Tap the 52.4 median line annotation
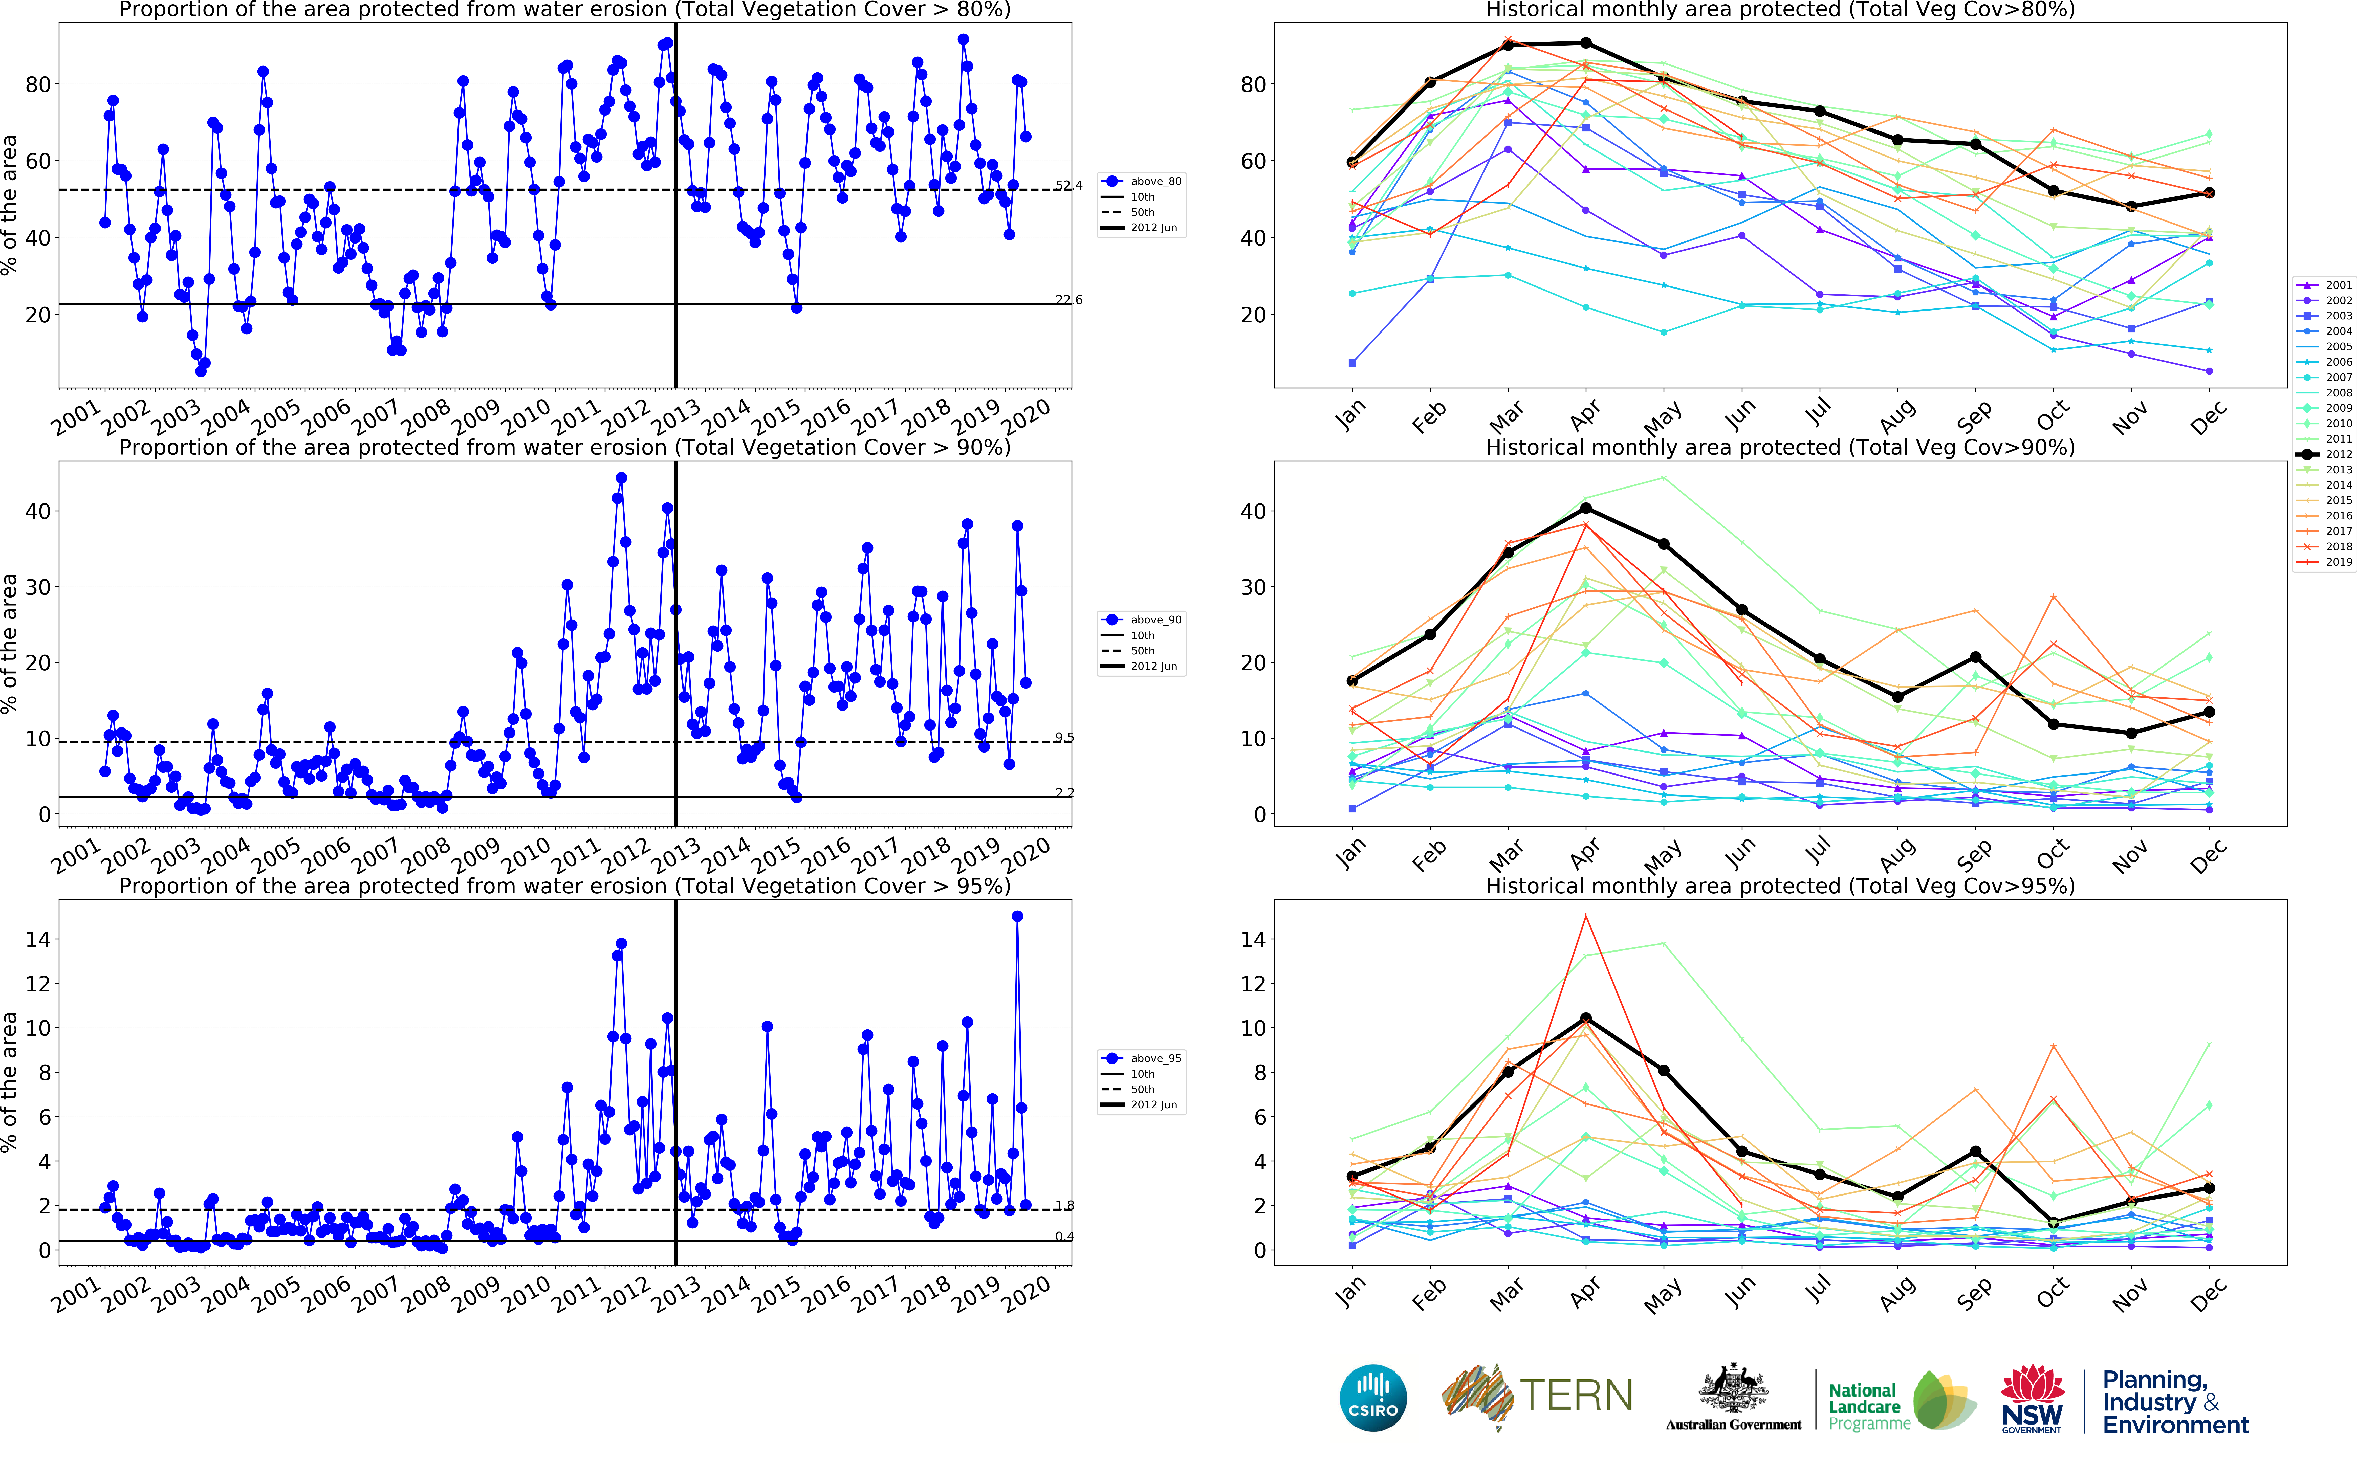[x=1068, y=185]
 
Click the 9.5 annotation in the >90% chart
[x=1064, y=738]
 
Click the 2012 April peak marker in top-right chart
[x=1585, y=43]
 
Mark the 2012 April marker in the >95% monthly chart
[x=1585, y=1019]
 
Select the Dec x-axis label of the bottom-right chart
[x=2209, y=1294]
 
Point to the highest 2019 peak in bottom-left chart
[x=1017, y=916]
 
